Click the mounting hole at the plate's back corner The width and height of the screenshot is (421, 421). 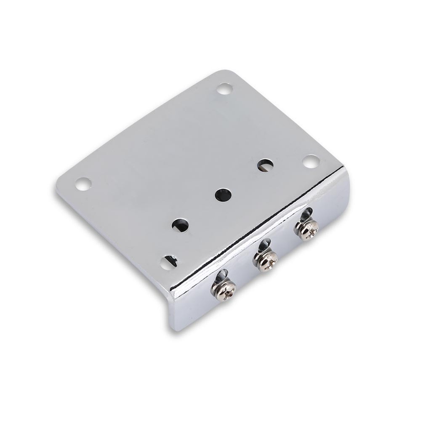(224, 89)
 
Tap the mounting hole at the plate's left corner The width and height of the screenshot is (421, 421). (83, 184)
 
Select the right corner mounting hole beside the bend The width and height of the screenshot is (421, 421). (311, 161)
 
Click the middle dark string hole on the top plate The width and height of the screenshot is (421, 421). (223, 195)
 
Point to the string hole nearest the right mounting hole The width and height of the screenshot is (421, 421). (265, 165)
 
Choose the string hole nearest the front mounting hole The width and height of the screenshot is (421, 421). (180, 225)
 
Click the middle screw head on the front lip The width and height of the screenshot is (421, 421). (266, 261)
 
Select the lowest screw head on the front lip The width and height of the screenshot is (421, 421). (224, 290)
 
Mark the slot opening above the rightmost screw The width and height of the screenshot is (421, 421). (306, 213)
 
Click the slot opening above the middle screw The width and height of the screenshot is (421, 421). (264, 245)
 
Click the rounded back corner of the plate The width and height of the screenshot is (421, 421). (227, 72)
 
